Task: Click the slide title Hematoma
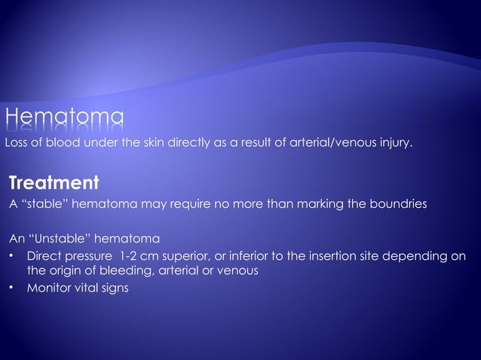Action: point(65,119)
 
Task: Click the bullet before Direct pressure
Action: point(12,256)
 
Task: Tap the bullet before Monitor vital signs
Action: point(12,288)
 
